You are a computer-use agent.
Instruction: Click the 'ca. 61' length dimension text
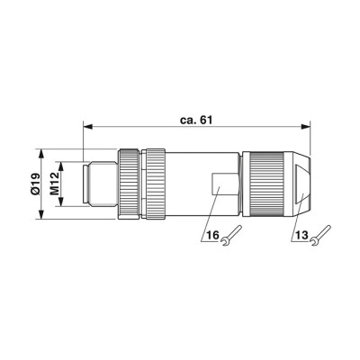[x=196, y=120]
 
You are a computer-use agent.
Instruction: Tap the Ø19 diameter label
[x=35, y=184]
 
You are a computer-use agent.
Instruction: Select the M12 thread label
[x=55, y=184]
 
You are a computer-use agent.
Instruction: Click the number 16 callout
[x=213, y=235]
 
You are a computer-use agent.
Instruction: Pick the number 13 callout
[x=301, y=235]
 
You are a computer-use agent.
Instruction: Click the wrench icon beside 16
[x=231, y=236]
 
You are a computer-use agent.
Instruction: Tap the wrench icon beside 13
[x=320, y=236]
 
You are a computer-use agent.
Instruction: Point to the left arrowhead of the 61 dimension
[x=87, y=127]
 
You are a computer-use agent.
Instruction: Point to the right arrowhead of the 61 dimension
[x=306, y=127]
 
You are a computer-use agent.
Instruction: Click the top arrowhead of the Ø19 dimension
[x=41, y=154]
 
